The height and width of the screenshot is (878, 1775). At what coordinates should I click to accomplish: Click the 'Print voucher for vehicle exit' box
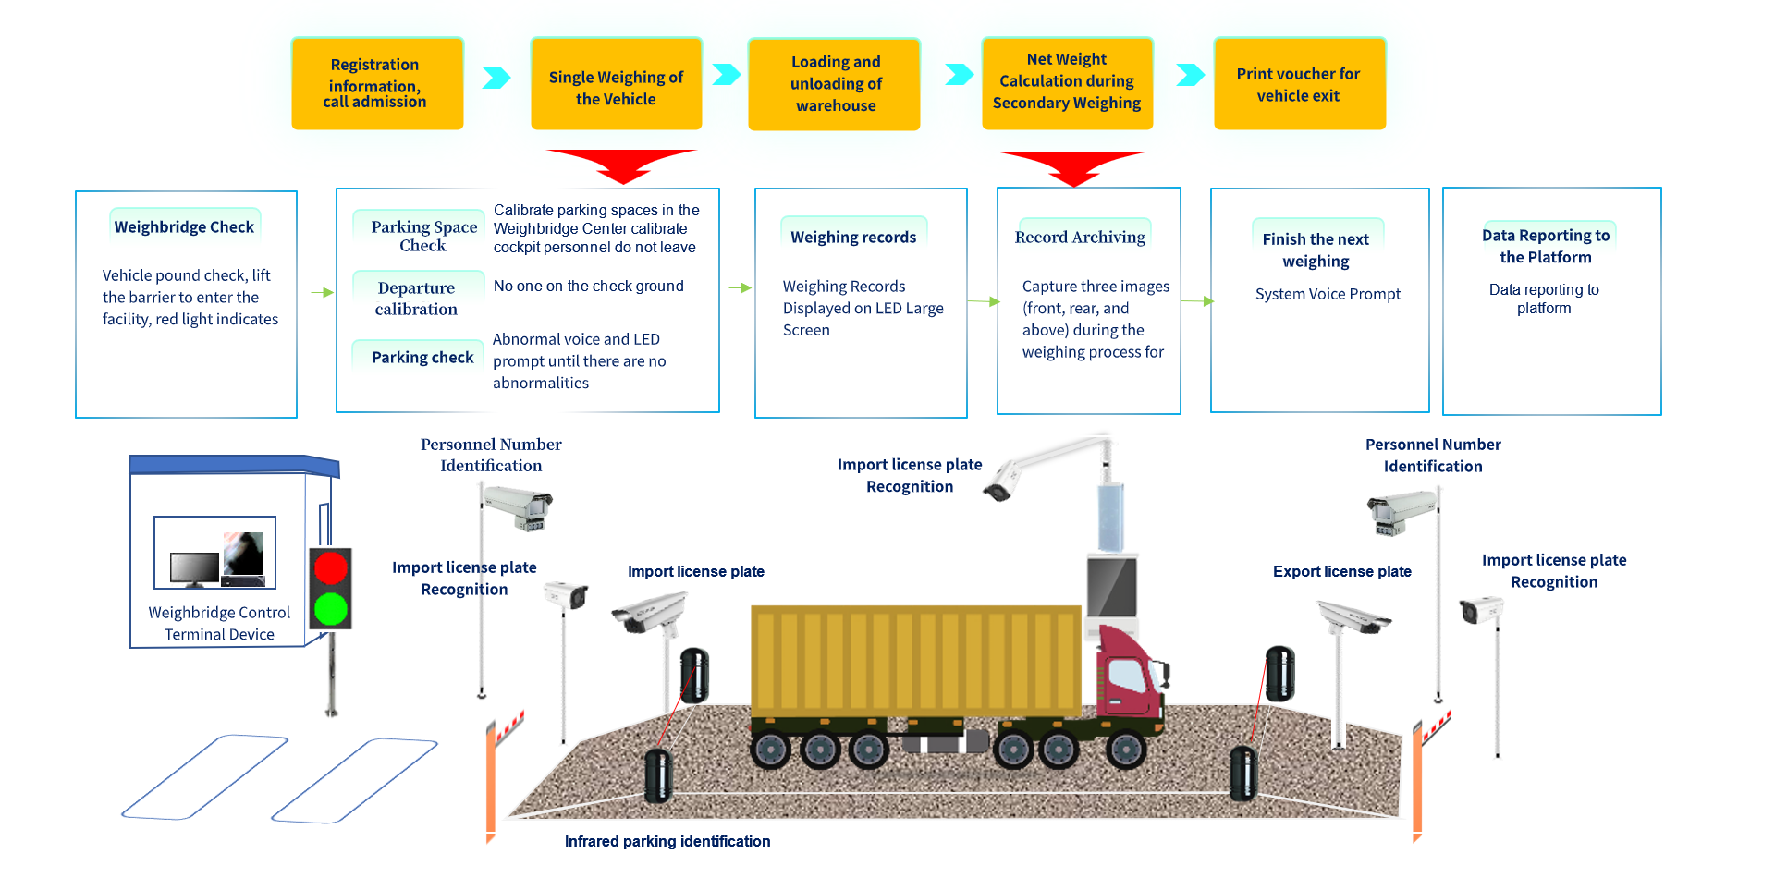(1299, 84)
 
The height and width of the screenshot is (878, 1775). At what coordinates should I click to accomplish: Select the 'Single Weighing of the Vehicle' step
(616, 87)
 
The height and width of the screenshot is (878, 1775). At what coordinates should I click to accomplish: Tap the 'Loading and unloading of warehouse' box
(835, 84)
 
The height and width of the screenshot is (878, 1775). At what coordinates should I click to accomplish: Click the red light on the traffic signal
(330, 567)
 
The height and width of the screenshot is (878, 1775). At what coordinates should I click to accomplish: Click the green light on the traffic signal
(330, 608)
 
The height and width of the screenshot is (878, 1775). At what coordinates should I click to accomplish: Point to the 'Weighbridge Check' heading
(184, 227)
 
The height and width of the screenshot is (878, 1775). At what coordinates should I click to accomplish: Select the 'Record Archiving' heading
(1080, 238)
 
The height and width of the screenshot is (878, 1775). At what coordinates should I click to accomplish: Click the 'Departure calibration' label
(416, 299)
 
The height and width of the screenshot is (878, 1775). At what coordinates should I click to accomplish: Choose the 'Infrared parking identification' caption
(667, 841)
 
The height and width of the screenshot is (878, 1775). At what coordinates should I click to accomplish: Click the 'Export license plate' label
(1341, 572)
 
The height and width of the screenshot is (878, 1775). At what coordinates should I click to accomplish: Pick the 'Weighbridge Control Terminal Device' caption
(219, 624)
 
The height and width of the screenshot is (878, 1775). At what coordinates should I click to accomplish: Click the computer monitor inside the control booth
(194, 567)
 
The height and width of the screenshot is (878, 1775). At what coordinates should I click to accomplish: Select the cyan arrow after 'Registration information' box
(496, 77)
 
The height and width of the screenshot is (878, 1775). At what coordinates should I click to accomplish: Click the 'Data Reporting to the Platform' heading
(1546, 247)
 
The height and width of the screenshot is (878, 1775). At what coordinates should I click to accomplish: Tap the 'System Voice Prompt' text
(1328, 294)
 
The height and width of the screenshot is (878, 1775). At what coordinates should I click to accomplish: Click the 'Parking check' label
(422, 358)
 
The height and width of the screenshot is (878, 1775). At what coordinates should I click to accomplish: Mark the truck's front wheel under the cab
(1126, 749)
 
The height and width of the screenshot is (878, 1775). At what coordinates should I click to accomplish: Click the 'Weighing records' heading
(853, 238)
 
